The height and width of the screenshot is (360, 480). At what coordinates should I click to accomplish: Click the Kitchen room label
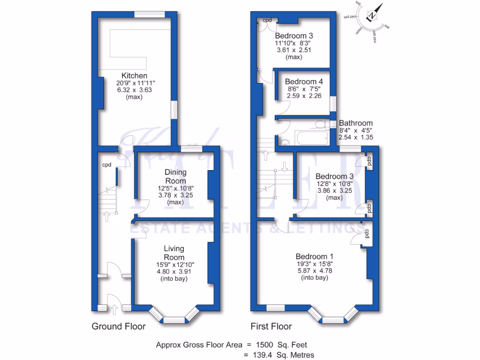pyautogui.click(x=135, y=75)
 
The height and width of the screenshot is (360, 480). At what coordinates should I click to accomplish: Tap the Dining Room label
pyautogui.click(x=175, y=177)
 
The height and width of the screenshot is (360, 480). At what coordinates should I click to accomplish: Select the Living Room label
pyautogui.click(x=173, y=253)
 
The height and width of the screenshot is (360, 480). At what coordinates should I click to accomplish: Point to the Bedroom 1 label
pyautogui.click(x=314, y=256)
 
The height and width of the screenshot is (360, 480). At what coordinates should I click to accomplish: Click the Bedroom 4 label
pyautogui.click(x=304, y=81)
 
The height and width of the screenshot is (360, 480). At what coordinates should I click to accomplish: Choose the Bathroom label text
pyautogui.click(x=356, y=123)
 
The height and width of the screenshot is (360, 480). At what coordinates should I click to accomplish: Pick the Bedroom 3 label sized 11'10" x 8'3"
pyautogui.click(x=294, y=36)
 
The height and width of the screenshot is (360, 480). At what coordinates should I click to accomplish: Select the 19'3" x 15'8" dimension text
pyautogui.click(x=314, y=264)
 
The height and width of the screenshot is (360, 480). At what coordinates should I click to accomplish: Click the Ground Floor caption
pyautogui.click(x=118, y=326)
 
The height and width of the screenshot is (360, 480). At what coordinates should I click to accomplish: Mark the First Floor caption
pyautogui.click(x=271, y=326)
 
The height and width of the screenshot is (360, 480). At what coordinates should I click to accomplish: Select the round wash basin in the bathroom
pyautogui.click(x=284, y=143)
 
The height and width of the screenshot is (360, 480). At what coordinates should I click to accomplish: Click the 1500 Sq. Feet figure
pyautogui.click(x=280, y=345)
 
